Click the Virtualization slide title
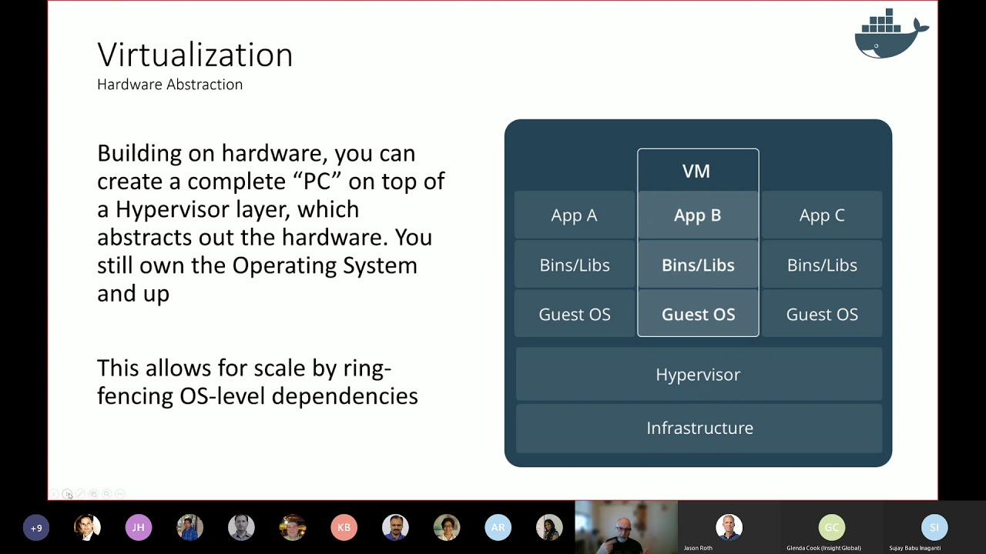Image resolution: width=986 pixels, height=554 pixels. (195, 55)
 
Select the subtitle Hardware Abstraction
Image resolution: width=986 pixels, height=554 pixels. (169, 85)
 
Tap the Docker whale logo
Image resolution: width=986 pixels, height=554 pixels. (890, 35)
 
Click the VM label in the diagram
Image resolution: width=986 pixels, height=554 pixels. (696, 171)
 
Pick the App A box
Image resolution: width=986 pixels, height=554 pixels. (574, 215)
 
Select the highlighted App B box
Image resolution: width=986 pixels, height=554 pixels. (697, 215)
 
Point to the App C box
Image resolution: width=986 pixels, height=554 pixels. (821, 215)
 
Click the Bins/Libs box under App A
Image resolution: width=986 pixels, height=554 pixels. (574, 265)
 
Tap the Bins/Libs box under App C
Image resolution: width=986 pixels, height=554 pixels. (821, 265)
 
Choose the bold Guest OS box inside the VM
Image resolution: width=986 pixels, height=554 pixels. (698, 314)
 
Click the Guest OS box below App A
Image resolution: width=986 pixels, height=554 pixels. (574, 314)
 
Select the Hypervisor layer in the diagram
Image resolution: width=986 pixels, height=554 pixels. (698, 374)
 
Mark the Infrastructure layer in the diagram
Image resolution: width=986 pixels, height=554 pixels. (699, 428)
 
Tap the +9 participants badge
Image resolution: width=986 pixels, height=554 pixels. (36, 528)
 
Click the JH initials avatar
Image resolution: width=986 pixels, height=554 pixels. (139, 528)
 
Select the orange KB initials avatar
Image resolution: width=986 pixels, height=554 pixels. (344, 528)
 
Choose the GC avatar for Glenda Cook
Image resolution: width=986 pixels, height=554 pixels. (831, 527)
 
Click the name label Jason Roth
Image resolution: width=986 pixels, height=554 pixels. (698, 548)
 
